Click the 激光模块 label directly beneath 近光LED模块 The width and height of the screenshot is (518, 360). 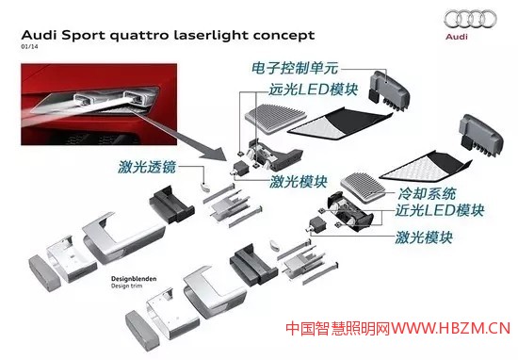(x=421, y=238)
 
